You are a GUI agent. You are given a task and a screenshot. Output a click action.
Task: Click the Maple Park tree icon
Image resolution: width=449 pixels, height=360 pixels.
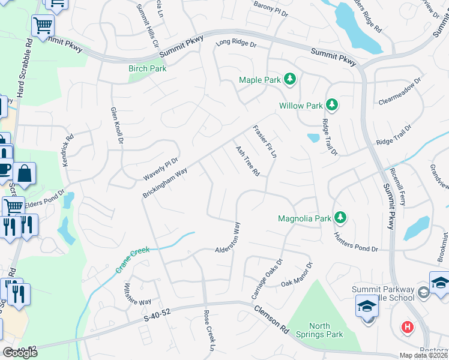(291, 79)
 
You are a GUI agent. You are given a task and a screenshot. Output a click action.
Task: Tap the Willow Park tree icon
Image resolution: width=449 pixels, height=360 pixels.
(332, 106)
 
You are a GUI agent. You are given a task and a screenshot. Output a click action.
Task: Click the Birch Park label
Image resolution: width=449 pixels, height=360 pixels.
(147, 68)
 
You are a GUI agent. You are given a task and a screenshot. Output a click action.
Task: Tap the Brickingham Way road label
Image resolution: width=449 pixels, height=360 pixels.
(165, 183)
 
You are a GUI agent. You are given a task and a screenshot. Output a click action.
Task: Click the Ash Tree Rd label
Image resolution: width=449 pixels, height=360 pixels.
(247, 161)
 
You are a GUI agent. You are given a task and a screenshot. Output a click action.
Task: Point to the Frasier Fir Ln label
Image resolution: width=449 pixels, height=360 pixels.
(264, 141)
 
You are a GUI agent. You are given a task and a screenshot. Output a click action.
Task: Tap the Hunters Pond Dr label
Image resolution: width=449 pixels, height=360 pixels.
(356, 242)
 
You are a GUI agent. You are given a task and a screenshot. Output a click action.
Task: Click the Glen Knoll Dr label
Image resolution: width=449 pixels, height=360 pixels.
(116, 126)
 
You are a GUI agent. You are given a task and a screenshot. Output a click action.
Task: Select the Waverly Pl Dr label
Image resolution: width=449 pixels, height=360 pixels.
(161, 169)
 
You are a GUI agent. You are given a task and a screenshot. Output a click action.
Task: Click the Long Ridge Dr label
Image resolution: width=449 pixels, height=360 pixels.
(236, 43)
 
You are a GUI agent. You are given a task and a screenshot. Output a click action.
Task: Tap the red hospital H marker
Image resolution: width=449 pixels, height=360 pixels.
(408, 328)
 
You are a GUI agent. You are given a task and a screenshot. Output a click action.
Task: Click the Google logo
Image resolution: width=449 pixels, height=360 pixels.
(20, 352)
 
